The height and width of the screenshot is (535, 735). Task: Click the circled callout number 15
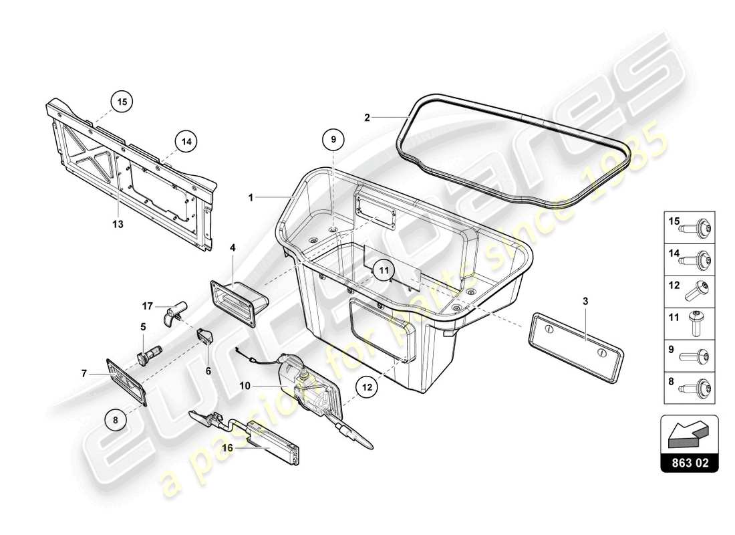click(122, 102)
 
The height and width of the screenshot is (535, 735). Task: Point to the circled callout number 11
click(384, 271)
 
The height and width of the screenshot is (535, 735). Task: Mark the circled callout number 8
click(116, 421)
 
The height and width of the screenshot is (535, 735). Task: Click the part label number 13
click(118, 225)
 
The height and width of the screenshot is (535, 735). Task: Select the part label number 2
click(367, 118)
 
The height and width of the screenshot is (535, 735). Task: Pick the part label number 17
click(148, 308)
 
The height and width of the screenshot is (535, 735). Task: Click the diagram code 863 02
click(690, 462)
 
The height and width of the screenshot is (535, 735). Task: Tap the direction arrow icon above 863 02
click(690, 434)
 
